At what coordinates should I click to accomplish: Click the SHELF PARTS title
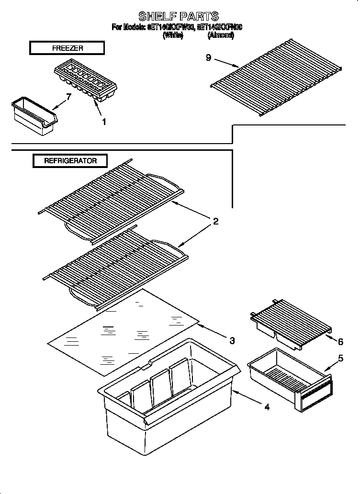click(179, 16)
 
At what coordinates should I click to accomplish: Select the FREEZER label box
click(67, 48)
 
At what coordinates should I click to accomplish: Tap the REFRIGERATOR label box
click(70, 161)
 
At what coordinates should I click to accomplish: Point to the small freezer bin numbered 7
click(33, 115)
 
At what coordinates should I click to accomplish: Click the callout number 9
click(208, 57)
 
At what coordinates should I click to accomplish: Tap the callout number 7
click(68, 97)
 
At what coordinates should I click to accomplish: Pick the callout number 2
click(215, 221)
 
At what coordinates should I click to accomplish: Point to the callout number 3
click(232, 341)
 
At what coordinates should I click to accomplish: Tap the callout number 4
click(267, 407)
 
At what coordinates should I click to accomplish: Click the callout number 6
click(340, 342)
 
